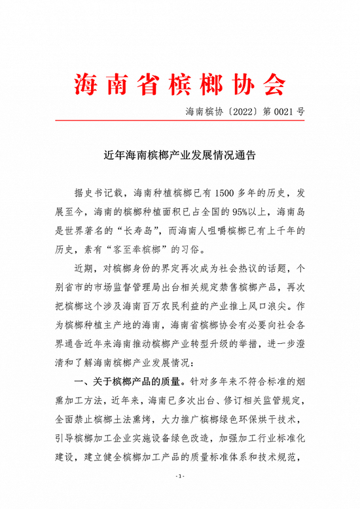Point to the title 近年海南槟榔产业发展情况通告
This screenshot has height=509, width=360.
pyautogui.click(x=180, y=157)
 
